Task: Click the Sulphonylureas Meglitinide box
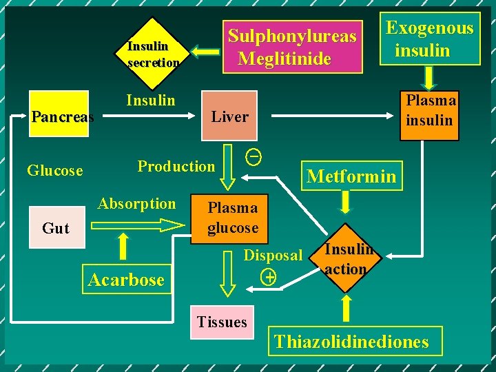click(x=293, y=46)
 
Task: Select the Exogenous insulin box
click(x=430, y=39)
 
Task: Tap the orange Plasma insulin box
click(x=431, y=110)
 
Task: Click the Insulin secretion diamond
click(x=154, y=54)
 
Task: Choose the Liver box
click(x=229, y=116)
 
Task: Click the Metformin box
click(x=351, y=176)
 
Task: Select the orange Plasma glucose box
click(x=233, y=218)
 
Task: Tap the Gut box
click(x=55, y=228)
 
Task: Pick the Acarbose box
click(x=126, y=280)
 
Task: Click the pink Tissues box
click(x=222, y=322)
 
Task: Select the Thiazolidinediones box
click(x=351, y=341)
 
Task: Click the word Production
click(x=176, y=166)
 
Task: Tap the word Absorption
click(x=136, y=203)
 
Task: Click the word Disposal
click(x=273, y=256)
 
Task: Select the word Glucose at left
click(x=54, y=170)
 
